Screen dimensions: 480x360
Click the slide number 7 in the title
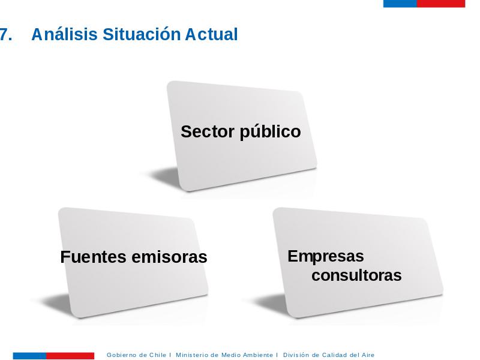tap(5, 34)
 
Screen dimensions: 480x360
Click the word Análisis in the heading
tap(64, 34)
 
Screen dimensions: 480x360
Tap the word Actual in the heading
tap(211, 34)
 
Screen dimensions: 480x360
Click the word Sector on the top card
tap(208, 131)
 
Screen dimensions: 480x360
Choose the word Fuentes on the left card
tap(94, 257)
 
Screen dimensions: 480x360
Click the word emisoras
tap(169, 257)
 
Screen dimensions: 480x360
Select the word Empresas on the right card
tap(326, 257)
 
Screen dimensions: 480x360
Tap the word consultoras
tap(356, 275)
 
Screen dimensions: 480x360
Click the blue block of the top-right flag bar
tap(400, 4)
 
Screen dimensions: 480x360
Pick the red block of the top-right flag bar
tap(441, 4)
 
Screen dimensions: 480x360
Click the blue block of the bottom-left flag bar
tap(29, 356)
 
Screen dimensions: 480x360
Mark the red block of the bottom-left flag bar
tap(70, 356)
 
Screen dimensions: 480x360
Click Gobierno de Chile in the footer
tap(136, 355)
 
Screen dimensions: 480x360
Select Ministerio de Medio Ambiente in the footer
tap(224, 355)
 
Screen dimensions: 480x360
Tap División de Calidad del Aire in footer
tap(329, 355)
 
